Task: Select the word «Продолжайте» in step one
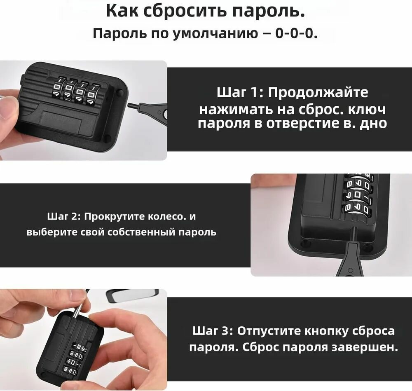[318, 93]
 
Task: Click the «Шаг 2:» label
[64, 217]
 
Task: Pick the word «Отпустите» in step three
[269, 331]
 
